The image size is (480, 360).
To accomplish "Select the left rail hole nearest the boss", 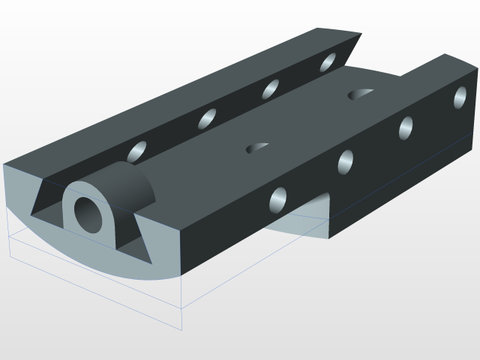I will click(x=138, y=151).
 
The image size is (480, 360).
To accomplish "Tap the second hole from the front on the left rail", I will click(x=207, y=118).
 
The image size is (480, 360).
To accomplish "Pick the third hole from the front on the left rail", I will click(x=271, y=88).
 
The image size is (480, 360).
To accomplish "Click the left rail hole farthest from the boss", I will click(x=328, y=62).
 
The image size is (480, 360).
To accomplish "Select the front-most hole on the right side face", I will click(x=278, y=199).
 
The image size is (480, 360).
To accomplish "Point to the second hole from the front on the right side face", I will click(x=346, y=161).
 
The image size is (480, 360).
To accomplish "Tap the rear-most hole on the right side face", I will click(x=460, y=97).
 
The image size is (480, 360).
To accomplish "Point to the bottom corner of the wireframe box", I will click(x=183, y=328).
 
